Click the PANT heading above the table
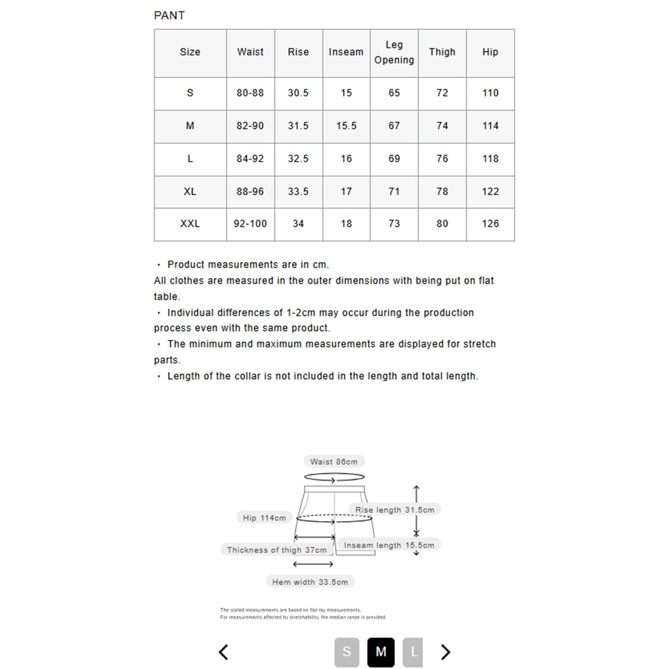169,16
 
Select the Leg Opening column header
394,53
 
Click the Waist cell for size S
250,93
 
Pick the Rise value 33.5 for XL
298,192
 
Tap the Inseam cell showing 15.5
346,126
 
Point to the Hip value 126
490,224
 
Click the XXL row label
190,224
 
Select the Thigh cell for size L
442,159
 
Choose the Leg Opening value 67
394,126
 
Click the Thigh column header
442,52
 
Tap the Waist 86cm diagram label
334,462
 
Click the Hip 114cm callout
264,518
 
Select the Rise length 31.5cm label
395,510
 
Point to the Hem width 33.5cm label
310,582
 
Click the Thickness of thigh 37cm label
277,550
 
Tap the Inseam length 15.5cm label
389,545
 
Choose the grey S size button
347,652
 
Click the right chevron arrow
446,652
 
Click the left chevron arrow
224,652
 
